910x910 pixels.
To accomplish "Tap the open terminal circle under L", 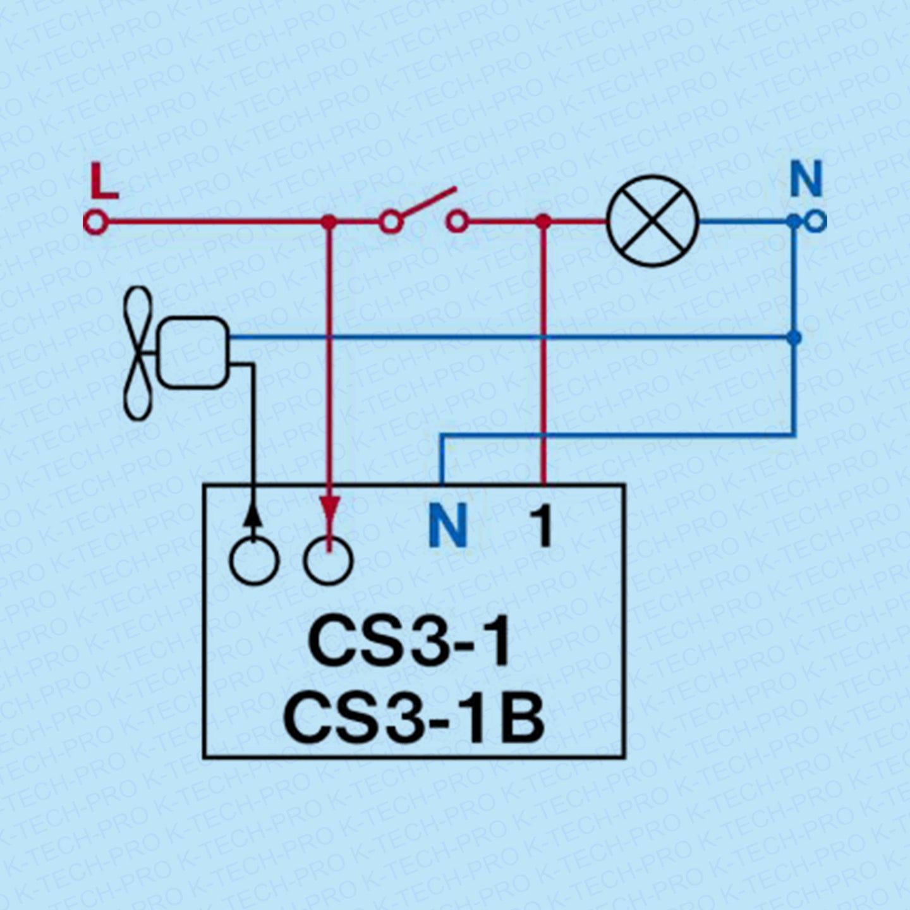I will pos(95,222).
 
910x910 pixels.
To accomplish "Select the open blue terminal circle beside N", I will pos(816,221).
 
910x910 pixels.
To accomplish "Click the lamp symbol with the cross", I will pos(652,222).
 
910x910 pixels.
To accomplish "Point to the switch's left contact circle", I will pos(391,222).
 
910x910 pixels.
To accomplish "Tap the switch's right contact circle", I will pos(457,222).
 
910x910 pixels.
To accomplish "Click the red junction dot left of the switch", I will pos(328,222).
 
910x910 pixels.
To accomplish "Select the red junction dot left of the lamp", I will pos(543,222).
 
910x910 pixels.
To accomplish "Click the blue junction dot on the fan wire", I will pos(794,337).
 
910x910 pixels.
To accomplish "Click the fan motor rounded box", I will pos(193,351).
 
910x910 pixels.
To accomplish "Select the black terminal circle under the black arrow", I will pos(253,561).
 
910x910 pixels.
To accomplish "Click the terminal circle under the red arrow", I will pos(328,561).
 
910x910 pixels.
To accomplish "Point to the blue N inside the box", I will pos(447,526).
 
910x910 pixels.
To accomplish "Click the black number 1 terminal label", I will pos(542,526).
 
